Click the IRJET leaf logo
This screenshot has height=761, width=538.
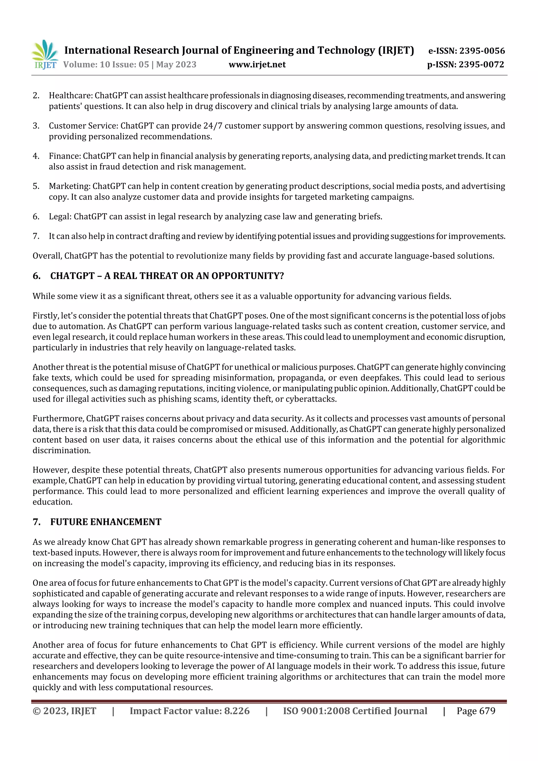pyautogui.click(x=45, y=54)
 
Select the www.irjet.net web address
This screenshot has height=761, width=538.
pyautogui.click(x=257, y=64)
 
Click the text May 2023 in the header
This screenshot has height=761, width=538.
pyautogui.click(x=176, y=64)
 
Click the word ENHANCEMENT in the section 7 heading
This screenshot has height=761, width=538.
pyautogui.click(x=126, y=522)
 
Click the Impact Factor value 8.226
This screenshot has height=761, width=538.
pyautogui.click(x=237, y=711)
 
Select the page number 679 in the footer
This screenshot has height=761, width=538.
pyautogui.click(x=487, y=711)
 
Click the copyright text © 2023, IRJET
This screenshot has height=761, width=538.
pyautogui.click(x=64, y=711)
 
